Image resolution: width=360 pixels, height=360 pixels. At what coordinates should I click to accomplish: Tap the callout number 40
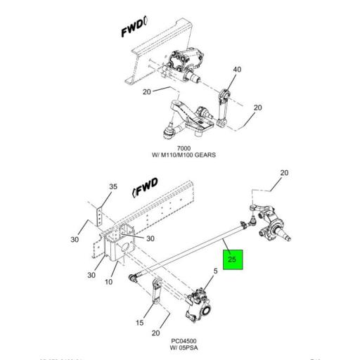(237, 70)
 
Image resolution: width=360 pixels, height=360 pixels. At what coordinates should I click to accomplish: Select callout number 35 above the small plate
(113, 187)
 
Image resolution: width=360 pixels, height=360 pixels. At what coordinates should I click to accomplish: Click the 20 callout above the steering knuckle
(285, 173)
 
